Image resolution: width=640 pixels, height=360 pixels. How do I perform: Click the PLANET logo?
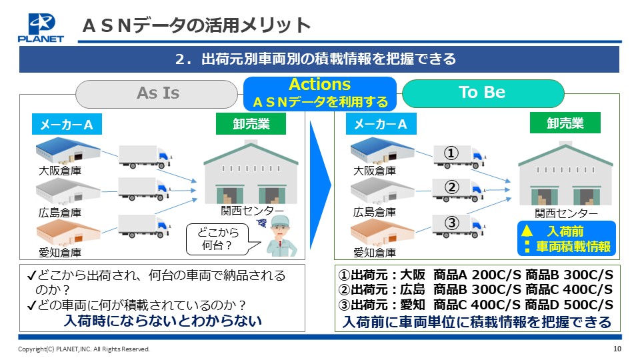[x=41, y=28]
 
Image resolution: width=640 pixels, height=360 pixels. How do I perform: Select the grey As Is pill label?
[x=157, y=93]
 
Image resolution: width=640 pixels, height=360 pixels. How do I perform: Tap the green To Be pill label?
[x=483, y=93]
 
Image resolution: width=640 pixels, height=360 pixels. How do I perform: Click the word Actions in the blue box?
[x=319, y=85]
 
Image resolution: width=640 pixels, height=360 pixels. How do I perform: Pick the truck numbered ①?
[x=459, y=157]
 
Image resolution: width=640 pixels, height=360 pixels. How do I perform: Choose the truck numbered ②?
[x=459, y=190]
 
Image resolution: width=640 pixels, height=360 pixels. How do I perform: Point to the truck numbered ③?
[x=459, y=226]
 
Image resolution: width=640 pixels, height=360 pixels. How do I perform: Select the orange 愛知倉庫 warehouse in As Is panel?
[x=68, y=232]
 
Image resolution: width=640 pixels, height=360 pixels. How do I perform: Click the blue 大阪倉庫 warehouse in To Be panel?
[x=383, y=151]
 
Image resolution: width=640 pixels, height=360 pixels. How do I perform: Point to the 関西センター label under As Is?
[x=252, y=211]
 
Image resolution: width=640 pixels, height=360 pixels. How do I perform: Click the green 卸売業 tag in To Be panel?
[x=565, y=123]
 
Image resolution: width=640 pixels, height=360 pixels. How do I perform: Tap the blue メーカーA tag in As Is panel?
[x=67, y=124]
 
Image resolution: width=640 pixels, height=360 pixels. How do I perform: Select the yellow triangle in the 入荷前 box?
[x=527, y=231]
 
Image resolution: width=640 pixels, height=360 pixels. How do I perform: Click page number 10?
[x=617, y=349]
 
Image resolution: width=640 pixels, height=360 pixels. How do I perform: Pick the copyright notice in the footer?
[x=84, y=349]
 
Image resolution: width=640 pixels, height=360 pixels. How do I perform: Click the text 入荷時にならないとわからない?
[x=163, y=321]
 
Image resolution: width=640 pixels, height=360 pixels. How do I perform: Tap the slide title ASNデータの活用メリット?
[x=197, y=25]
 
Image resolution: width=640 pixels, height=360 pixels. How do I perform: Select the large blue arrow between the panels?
[x=319, y=185]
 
